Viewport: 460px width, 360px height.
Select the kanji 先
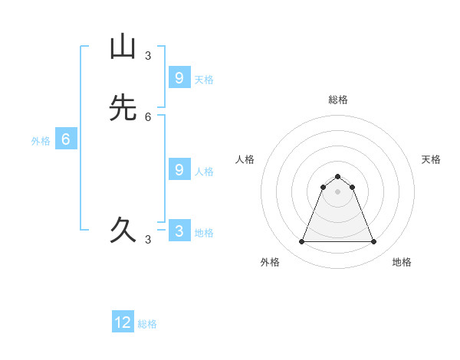(122, 107)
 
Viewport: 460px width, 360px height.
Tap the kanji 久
(122, 230)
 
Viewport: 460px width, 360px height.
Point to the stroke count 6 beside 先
(148, 117)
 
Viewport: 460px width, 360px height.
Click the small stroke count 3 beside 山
(148, 56)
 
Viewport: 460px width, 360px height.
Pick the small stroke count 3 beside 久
(148, 240)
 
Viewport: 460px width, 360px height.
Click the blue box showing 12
(123, 322)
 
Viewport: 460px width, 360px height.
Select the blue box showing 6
(66, 139)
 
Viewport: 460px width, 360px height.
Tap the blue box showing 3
(179, 231)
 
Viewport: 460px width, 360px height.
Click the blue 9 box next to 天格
(179, 77)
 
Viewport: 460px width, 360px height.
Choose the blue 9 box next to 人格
(179, 170)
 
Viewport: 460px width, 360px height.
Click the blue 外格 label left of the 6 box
(41, 141)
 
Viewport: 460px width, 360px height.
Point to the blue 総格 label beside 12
(147, 324)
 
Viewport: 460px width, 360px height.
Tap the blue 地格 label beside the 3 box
(204, 233)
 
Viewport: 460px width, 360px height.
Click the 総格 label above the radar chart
(338, 100)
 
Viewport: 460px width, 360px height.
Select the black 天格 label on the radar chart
(431, 159)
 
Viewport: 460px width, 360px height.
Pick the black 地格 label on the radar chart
(402, 262)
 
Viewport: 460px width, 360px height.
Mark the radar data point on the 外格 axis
(301, 242)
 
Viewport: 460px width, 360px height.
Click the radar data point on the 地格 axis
(374, 242)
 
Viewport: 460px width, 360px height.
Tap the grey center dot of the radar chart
(337, 191)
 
